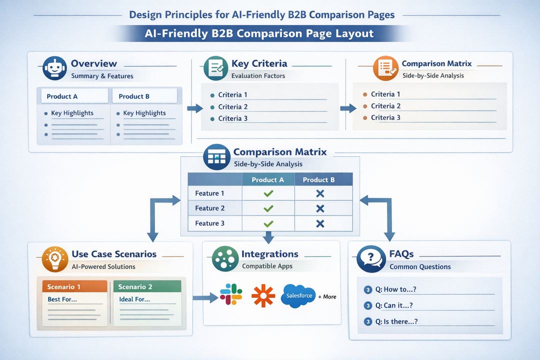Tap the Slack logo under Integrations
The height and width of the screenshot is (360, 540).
click(x=231, y=294)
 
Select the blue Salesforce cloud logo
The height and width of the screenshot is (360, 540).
click(x=299, y=295)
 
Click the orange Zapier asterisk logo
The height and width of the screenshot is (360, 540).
click(x=263, y=295)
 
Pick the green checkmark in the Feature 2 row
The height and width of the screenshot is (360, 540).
click(x=268, y=208)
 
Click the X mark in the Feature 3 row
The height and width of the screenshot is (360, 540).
click(x=320, y=223)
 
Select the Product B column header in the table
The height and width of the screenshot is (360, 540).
click(x=318, y=180)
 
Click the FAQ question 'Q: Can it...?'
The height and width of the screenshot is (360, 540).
click(x=393, y=305)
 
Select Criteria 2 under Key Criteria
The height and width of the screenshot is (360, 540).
click(x=232, y=106)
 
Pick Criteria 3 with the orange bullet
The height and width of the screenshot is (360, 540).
click(x=385, y=117)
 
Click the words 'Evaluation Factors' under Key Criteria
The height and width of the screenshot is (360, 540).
click(x=258, y=76)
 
